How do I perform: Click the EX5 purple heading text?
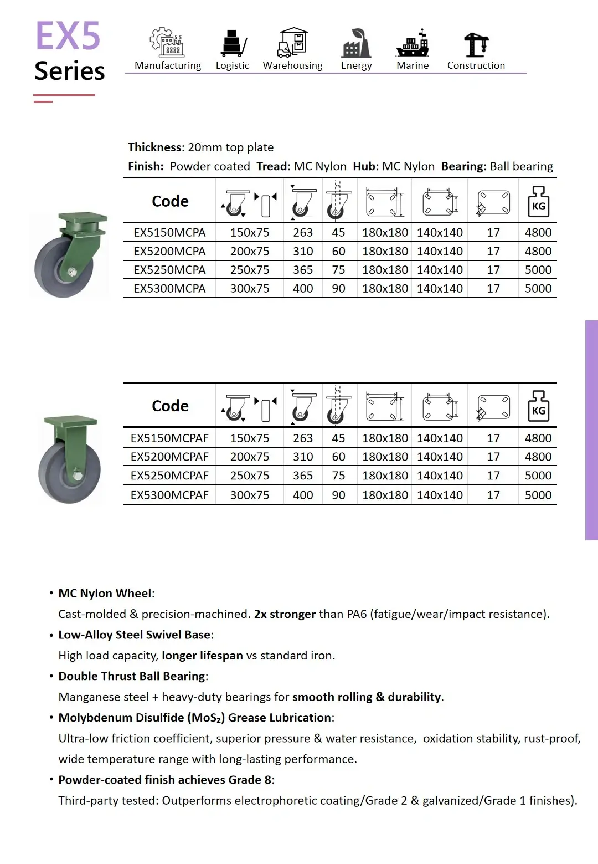tap(68, 36)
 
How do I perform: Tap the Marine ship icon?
tap(413, 44)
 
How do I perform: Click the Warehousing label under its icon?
tap(292, 65)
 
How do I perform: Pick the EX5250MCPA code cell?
tap(169, 270)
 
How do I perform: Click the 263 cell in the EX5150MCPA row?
tap(303, 233)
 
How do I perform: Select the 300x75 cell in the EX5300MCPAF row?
tap(250, 495)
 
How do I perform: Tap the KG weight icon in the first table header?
tap(538, 202)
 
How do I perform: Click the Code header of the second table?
tap(170, 406)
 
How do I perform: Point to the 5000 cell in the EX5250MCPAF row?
tap(538, 476)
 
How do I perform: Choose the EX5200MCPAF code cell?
tap(169, 457)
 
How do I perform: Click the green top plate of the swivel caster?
tap(83, 217)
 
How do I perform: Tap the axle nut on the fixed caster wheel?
tap(78, 476)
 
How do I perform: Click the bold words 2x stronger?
tap(285, 614)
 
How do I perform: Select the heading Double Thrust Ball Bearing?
tap(132, 676)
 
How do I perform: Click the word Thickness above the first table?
tap(155, 147)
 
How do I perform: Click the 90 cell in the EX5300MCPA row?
tap(338, 289)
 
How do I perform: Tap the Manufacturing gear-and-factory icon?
tap(166, 43)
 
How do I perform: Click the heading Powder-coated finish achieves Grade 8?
tap(165, 780)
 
